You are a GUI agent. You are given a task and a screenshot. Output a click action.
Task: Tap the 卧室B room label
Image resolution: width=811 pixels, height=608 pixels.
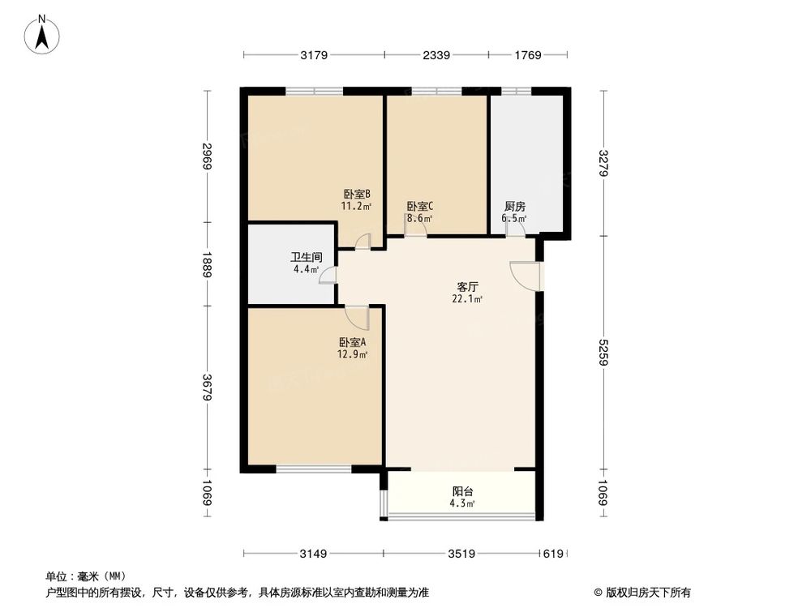[x=357, y=195]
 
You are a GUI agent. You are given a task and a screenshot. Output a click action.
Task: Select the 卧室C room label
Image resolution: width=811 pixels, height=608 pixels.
[x=419, y=207]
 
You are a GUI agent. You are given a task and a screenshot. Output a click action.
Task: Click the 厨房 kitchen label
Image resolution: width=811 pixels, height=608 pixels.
[x=514, y=207]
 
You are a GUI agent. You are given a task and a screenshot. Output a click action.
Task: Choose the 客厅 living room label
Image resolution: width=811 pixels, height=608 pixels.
[x=468, y=287]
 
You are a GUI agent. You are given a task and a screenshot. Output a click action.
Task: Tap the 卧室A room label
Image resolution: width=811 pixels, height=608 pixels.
[x=354, y=343]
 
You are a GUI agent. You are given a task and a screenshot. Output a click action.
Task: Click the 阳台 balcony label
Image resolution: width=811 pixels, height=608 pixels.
[x=463, y=491]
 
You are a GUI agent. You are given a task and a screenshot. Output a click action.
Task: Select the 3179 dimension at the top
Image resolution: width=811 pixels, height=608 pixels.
[x=313, y=55]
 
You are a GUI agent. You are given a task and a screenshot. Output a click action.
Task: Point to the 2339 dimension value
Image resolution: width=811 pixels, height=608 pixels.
[x=436, y=55]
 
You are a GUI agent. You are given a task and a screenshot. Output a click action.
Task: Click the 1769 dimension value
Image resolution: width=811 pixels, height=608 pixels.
[x=527, y=55]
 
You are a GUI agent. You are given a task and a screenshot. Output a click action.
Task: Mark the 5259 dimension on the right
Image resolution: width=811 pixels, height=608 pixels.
[x=603, y=353]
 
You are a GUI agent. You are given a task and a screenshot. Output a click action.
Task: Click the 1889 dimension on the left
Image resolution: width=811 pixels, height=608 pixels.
[x=208, y=264]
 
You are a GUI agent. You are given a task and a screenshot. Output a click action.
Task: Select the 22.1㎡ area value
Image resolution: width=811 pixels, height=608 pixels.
[x=468, y=299]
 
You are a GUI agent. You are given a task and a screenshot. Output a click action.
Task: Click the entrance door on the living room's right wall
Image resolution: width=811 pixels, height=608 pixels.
[x=526, y=276]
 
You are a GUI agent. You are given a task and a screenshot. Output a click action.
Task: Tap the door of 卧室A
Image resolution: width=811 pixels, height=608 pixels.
[x=358, y=316]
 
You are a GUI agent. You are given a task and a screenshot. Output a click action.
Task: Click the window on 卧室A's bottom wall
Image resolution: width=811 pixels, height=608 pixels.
[x=313, y=469]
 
